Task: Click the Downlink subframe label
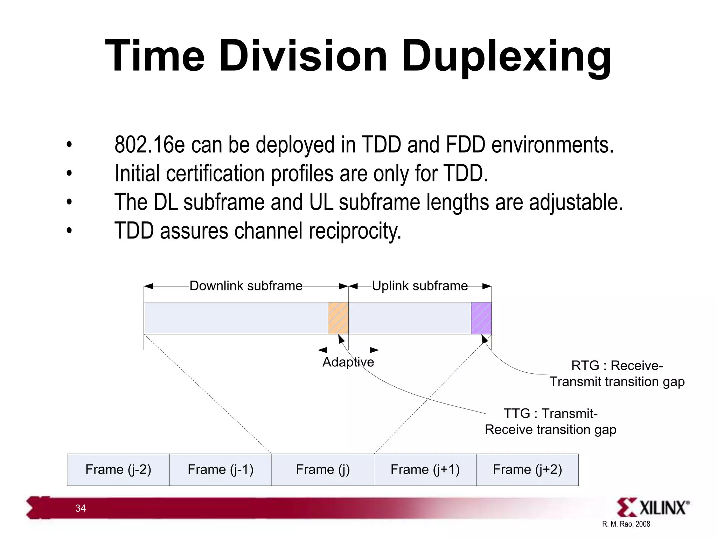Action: (x=246, y=286)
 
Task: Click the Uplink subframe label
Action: (x=419, y=286)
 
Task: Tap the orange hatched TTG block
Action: (x=338, y=318)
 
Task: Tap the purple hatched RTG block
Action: (x=481, y=318)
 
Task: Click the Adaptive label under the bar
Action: (x=348, y=362)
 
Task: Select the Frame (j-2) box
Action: (x=118, y=469)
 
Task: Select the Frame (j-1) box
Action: (x=221, y=469)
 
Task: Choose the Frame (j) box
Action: (x=323, y=469)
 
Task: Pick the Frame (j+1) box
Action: (x=425, y=469)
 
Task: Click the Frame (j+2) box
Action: (x=527, y=469)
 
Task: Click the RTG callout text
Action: (x=617, y=373)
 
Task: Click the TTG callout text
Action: (x=550, y=421)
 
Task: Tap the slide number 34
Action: (x=81, y=508)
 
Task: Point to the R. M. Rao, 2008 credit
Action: (x=626, y=524)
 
